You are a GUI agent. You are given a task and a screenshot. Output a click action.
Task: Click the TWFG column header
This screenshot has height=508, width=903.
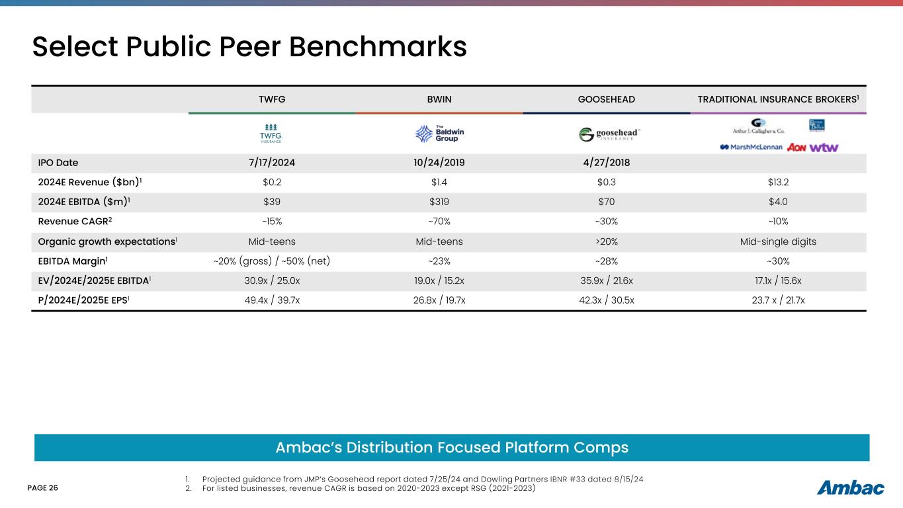click(272, 99)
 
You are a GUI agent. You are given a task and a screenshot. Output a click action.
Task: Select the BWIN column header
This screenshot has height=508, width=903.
click(439, 99)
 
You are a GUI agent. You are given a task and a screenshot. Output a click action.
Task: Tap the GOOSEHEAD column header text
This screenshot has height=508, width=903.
click(606, 99)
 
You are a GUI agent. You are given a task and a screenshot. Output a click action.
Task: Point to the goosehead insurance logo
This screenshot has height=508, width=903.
click(609, 134)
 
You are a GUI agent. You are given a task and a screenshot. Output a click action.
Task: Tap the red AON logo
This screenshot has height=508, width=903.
click(796, 147)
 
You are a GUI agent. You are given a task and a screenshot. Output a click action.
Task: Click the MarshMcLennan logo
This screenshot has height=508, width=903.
click(752, 147)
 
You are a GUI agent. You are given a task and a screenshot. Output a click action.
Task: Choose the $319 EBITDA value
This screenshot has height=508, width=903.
click(439, 202)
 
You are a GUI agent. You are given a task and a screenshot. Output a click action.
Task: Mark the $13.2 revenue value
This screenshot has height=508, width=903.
click(777, 183)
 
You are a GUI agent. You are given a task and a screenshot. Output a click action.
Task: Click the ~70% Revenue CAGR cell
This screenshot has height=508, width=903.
click(439, 222)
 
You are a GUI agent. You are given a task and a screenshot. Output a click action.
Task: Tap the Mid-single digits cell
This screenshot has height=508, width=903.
click(777, 241)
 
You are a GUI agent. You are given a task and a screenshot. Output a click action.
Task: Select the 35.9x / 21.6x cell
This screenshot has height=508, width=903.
click(606, 280)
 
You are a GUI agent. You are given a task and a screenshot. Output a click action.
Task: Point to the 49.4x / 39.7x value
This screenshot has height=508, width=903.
click(272, 300)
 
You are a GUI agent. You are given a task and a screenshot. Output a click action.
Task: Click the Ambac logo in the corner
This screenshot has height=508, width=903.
click(851, 488)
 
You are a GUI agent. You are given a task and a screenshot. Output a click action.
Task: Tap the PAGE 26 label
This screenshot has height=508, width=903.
click(42, 488)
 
